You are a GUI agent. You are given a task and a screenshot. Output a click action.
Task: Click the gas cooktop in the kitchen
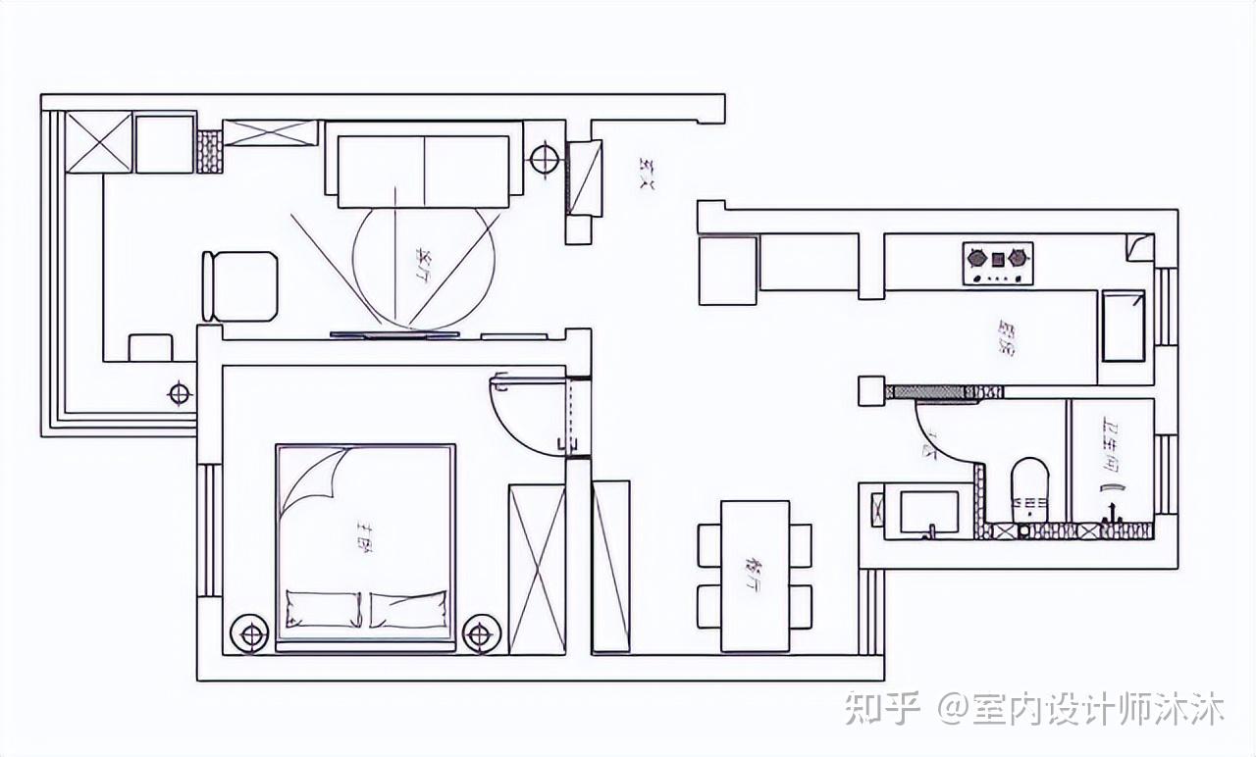point(998,263)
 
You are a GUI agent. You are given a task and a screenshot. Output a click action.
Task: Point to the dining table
point(755,576)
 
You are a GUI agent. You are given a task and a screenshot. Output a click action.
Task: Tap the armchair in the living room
point(239,286)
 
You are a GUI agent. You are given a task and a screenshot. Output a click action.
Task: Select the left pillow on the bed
point(323,608)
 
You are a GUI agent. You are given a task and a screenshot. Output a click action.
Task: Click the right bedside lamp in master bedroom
point(479,635)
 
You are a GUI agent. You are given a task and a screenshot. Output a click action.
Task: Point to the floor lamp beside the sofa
point(544,157)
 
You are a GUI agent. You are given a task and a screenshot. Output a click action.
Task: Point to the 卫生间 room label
point(1111,445)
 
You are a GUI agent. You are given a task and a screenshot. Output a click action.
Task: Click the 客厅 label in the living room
point(424,262)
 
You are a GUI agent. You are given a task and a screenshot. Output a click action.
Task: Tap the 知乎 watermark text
point(882,708)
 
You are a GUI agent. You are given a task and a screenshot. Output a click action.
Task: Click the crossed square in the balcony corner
point(98,142)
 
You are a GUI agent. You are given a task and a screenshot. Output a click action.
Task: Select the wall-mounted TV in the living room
point(394,335)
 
